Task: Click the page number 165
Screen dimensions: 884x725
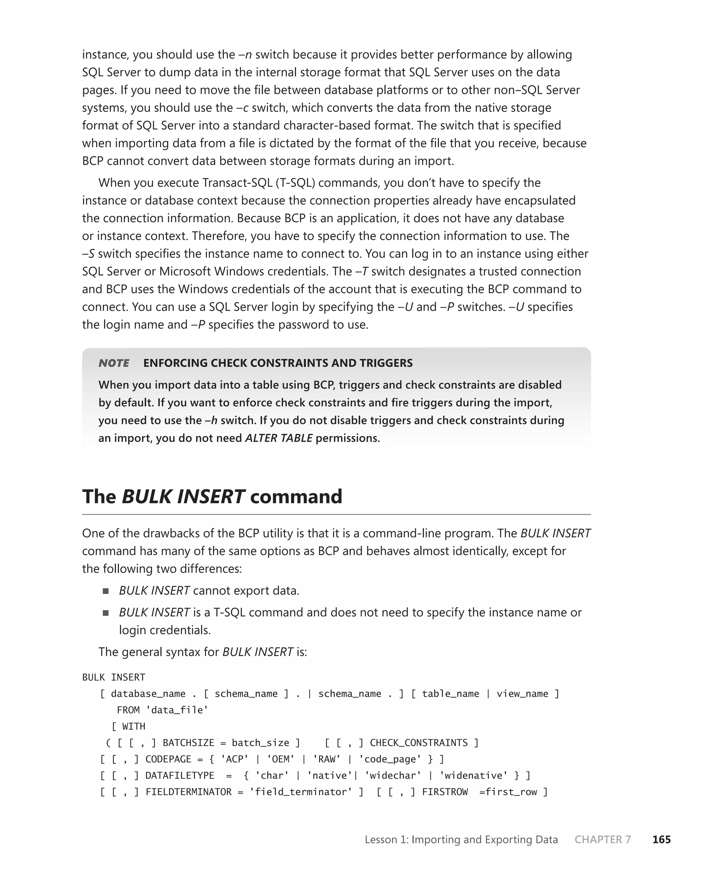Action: click(x=661, y=839)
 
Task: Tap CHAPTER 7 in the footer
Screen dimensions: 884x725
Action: click(x=602, y=839)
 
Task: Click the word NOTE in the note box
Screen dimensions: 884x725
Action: click(x=114, y=363)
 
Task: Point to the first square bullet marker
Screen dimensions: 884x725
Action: click(x=105, y=591)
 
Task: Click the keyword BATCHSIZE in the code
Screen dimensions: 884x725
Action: click(x=188, y=742)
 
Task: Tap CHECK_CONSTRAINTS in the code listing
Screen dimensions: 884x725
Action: click(x=418, y=742)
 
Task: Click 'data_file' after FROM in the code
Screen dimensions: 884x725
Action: click(x=177, y=710)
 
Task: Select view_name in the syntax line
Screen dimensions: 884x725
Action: click(x=522, y=694)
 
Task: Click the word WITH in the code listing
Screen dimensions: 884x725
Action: click(x=134, y=726)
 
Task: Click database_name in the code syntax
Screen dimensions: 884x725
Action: click(x=148, y=694)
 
